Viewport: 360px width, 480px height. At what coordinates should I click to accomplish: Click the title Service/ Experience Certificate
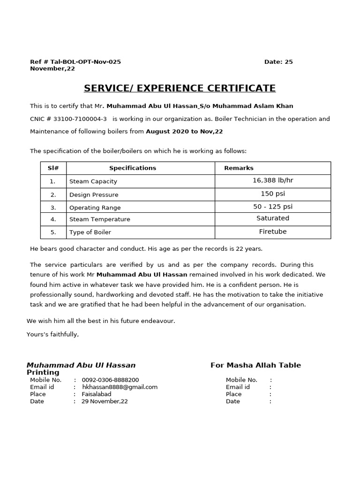click(x=180, y=88)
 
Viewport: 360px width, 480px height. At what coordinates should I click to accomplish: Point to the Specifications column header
click(x=133, y=168)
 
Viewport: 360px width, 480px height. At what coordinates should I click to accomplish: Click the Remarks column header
click(x=239, y=168)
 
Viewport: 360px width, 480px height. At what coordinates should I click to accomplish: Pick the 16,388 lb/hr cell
click(x=273, y=180)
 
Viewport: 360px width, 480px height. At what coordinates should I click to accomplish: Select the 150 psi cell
click(x=273, y=194)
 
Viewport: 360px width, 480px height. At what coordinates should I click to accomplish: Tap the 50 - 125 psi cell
click(x=273, y=207)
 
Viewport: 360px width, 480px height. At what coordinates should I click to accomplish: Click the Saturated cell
click(x=273, y=218)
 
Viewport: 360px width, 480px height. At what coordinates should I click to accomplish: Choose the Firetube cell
click(x=273, y=232)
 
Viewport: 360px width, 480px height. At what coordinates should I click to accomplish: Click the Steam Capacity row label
click(x=93, y=181)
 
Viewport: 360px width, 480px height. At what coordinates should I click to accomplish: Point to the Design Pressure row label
click(x=94, y=195)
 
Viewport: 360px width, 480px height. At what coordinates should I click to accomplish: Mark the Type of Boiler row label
click(x=90, y=232)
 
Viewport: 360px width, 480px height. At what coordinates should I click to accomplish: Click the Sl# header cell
click(x=53, y=168)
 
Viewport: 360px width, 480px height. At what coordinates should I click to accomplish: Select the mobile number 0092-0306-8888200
click(x=110, y=380)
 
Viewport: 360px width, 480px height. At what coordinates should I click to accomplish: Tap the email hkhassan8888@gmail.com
click(x=120, y=387)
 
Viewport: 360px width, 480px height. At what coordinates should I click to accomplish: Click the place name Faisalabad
click(x=97, y=394)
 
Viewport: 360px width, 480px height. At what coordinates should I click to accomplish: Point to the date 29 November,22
click(x=105, y=401)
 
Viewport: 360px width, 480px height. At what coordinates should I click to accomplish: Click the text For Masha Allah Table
click(x=255, y=365)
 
